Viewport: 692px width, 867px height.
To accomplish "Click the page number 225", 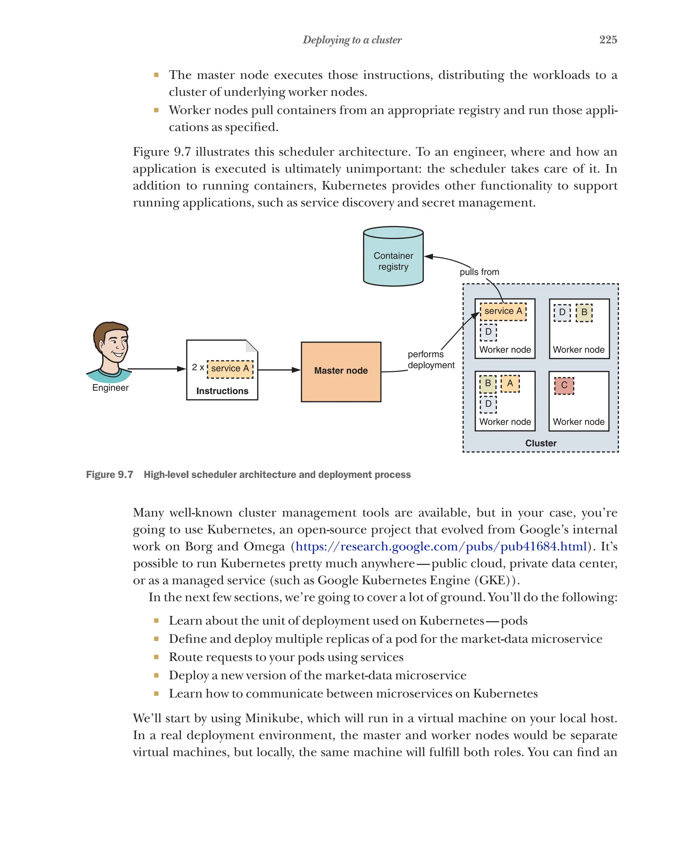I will (608, 39).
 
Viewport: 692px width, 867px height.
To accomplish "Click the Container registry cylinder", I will (393, 258).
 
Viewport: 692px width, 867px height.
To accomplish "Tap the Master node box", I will (341, 371).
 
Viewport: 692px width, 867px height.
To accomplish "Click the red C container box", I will (564, 385).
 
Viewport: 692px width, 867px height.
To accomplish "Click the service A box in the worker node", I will (503, 311).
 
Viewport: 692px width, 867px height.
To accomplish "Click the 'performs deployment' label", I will (430, 359).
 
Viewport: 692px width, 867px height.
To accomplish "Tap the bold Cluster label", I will (540, 443).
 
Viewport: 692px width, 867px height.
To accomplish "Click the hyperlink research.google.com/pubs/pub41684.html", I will (441, 546).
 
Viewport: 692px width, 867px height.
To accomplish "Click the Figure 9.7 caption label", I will (109, 475).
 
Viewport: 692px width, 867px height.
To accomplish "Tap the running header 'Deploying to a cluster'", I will (352, 40).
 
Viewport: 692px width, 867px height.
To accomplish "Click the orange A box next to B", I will (510, 383).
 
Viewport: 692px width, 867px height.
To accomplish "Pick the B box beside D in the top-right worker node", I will (584, 313).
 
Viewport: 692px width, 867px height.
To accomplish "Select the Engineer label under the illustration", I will (110, 388).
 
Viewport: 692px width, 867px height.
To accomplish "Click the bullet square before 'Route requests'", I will (156, 657).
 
